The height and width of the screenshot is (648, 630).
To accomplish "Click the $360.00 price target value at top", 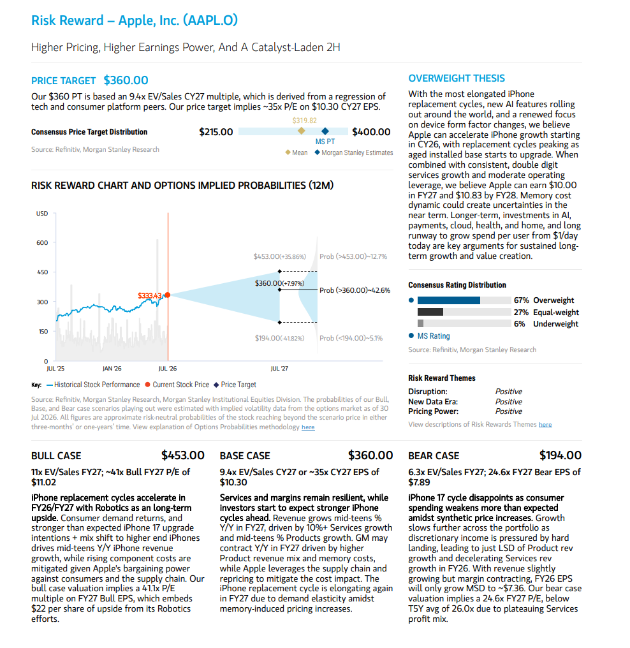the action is point(126,80).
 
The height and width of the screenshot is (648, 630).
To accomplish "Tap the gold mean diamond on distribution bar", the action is point(302,131).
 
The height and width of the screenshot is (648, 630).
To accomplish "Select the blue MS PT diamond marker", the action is point(325,131).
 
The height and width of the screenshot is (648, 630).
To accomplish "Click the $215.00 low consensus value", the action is point(216,132).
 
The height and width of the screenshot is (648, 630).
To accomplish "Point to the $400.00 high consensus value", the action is point(371,132).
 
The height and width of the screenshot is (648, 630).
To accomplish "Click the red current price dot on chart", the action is point(168,295).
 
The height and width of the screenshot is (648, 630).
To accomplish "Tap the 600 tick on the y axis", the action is point(42,242).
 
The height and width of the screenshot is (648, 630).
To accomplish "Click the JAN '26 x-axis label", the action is point(112,368).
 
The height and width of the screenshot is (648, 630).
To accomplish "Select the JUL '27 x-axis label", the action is point(280,368).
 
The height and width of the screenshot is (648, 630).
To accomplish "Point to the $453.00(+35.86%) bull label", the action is point(280,256).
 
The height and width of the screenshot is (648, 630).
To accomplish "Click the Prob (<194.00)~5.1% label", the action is point(351,338).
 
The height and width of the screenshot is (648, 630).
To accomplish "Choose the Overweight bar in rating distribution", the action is point(449,300).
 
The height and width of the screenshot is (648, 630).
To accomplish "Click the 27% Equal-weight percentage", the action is point(521,313).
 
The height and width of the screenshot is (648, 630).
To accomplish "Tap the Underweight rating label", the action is point(555,324).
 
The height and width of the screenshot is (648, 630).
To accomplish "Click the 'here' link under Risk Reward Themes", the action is point(545,424).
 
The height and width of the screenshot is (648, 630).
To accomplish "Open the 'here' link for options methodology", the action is point(308,427).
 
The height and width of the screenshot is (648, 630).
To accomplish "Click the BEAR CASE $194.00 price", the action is point(560,455).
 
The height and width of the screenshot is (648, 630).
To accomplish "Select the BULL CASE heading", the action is point(56,456).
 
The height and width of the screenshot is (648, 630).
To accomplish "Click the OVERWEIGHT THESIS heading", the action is point(457,78).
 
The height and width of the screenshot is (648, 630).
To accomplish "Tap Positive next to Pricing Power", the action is point(509,411).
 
